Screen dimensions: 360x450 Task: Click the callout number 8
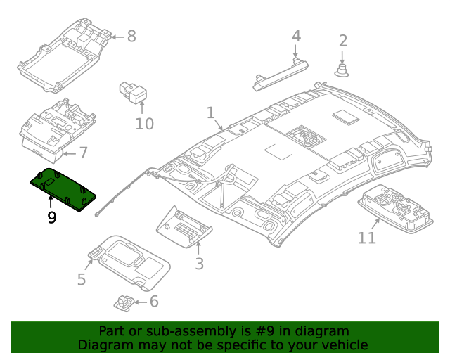click(131, 36)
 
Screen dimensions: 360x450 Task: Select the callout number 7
click(82, 152)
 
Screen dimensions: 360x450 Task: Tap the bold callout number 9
click(51, 218)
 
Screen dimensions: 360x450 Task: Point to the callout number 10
click(143, 124)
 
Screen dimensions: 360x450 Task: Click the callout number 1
click(210, 112)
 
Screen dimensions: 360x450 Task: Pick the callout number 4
click(296, 36)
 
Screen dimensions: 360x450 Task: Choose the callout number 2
click(342, 41)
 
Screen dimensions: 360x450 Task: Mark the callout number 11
click(367, 238)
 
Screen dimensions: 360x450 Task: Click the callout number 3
click(199, 264)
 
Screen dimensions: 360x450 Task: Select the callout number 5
click(82, 280)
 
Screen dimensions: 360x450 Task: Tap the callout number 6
click(153, 302)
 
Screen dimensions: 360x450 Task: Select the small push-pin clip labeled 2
click(342, 69)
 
